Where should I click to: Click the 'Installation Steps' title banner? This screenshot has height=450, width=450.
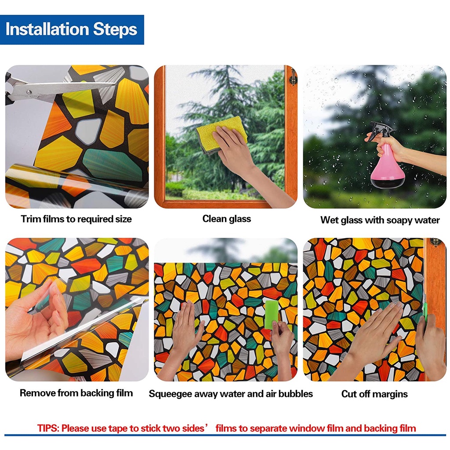(72, 29)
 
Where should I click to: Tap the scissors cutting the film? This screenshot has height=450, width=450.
(58, 90)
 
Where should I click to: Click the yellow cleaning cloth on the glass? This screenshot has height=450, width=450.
(221, 134)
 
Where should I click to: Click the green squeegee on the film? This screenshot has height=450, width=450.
(271, 314)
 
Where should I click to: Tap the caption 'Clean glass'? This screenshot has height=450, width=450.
(226, 219)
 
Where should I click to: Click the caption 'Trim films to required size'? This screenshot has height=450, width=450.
(76, 219)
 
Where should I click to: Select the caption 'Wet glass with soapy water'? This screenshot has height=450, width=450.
(380, 220)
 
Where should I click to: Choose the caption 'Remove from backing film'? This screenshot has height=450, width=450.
(76, 393)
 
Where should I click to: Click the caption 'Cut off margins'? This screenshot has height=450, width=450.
(374, 394)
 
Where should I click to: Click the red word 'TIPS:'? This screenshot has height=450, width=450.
(48, 428)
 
